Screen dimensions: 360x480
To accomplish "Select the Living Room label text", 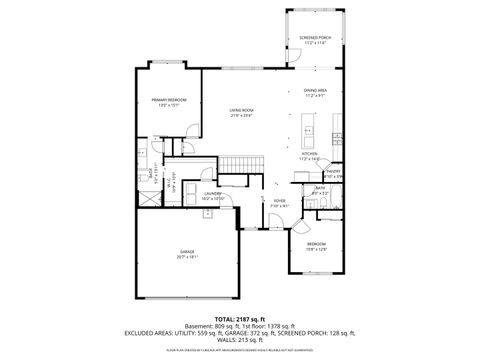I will coord(241,112).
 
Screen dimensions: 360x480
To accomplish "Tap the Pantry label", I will coord(333,174).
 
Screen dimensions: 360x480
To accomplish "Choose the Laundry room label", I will coord(212,195).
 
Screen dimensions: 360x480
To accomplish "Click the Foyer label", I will coord(279,203).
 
